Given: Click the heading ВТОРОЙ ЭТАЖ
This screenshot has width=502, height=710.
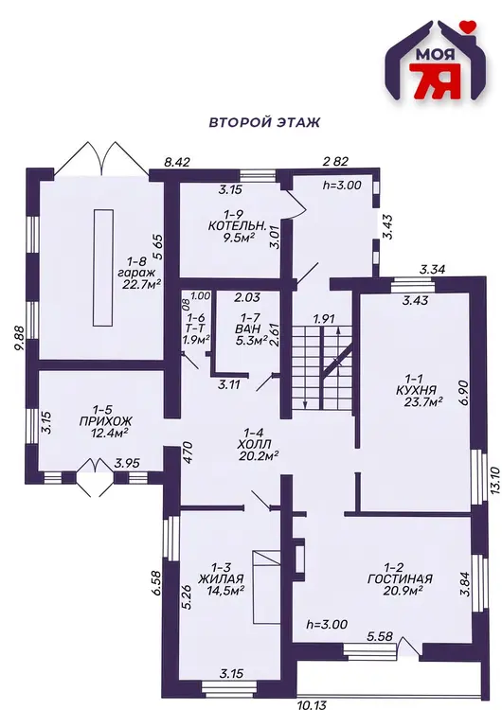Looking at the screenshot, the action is pyautogui.click(x=264, y=122).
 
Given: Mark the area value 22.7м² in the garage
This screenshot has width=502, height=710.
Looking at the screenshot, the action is pyautogui.click(x=142, y=284).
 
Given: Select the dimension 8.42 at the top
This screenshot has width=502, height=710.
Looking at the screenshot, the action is pyautogui.click(x=177, y=162).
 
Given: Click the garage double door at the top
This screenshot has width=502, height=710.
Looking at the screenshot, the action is pyautogui.click(x=101, y=158).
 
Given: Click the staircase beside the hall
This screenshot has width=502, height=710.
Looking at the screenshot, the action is pyautogui.click(x=321, y=368).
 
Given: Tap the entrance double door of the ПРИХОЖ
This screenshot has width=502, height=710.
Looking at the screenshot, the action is pyautogui.click(x=94, y=478).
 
